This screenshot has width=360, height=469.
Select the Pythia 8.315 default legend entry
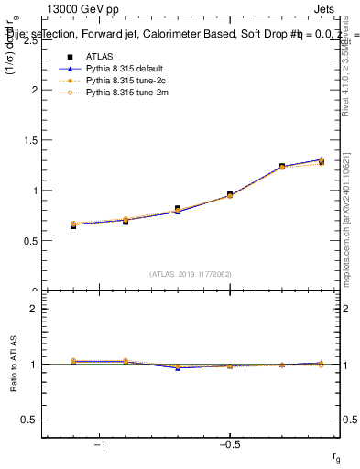coord(120,69)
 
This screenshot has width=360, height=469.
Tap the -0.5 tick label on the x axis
coord(229,444)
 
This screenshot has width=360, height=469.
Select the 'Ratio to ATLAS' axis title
coord(13,365)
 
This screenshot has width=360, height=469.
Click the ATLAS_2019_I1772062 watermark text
coord(191,273)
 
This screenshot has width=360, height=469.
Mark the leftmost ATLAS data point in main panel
coord(73,225)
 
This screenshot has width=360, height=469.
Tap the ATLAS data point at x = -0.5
coord(230,194)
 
